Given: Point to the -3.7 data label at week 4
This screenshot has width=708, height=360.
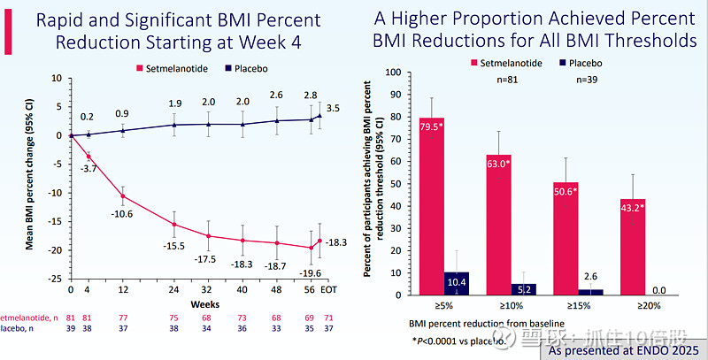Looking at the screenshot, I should pos(88,169).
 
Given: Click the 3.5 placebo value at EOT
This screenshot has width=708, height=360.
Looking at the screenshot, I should pos(333,108).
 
